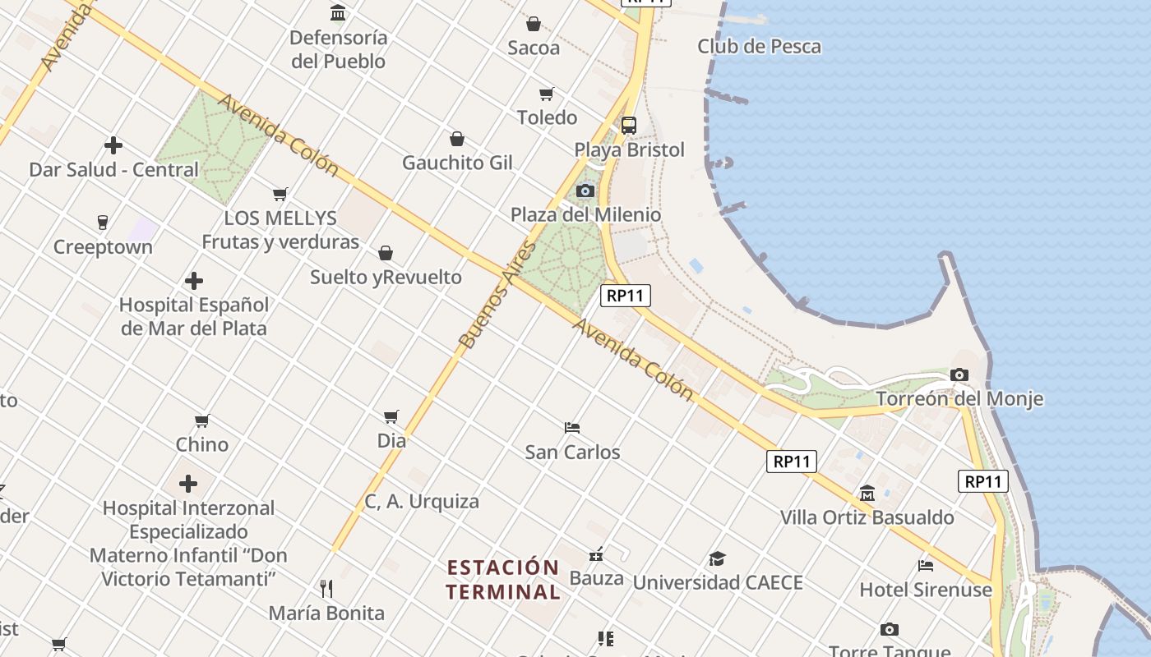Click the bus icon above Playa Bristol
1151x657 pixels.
click(629, 126)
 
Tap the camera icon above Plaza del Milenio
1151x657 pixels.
click(585, 191)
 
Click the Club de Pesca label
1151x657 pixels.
click(759, 47)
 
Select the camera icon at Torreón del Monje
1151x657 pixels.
click(959, 375)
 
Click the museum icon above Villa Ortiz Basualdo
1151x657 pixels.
click(867, 494)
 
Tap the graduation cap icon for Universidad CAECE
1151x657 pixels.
click(718, 559)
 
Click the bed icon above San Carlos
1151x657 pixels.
click(573, 428)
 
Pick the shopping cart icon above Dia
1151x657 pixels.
click(391, 417)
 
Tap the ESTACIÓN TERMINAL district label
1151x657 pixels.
click(503, 579)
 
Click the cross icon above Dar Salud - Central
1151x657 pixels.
click(113, 146)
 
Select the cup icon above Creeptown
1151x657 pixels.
click(103, 223)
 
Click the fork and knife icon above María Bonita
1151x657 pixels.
click(326, 589)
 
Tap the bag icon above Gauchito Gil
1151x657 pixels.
click(457, 139)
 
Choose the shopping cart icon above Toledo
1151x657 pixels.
click(547, 94)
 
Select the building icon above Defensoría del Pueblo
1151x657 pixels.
click(338, 13)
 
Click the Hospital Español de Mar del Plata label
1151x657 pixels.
click(194, 316)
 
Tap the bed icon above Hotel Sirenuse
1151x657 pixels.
click(926, 566)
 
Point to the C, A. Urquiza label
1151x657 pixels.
click(422, 501)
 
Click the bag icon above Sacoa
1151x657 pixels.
click(534, 24)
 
